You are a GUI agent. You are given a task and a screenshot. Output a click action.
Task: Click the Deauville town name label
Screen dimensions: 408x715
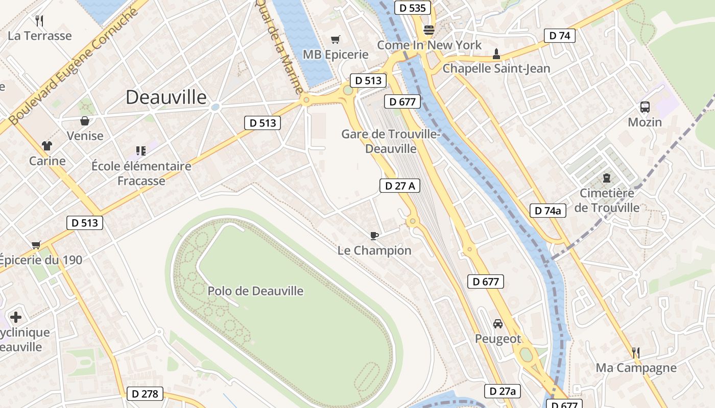tap(166, 97)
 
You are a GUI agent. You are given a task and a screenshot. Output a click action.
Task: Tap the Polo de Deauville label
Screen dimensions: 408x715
tap(255, 291)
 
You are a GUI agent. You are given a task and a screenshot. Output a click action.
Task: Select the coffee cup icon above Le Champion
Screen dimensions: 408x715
tap(374, 236)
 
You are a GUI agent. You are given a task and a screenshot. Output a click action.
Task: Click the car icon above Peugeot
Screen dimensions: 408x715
tap(498, 323)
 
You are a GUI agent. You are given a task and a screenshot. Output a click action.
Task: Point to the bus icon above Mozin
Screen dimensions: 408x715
tap(645, 107)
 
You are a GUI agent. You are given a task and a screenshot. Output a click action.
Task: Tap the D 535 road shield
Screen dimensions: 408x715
tap(413, 8)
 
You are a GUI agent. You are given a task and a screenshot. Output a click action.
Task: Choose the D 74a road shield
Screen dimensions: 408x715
tap(548, 211)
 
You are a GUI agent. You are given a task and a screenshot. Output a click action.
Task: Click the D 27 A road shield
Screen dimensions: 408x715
tap(400, 186)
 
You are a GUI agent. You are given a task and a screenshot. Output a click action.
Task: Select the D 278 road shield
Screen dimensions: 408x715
tap(146, 394)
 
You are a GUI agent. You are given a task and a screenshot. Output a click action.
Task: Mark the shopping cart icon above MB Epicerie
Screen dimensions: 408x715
tap(336, 39)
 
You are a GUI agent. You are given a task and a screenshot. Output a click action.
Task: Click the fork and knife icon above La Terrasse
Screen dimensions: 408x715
tap(39, 20)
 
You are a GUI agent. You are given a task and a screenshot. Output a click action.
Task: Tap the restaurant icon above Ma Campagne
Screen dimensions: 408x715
tap(636, 352)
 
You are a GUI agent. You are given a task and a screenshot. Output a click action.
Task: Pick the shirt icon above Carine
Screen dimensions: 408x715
tap(47, 146)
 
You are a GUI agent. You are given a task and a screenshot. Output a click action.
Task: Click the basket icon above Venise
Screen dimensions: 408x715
tap(85, 121)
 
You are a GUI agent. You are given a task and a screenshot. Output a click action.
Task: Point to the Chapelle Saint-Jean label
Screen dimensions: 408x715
tap(496, 68)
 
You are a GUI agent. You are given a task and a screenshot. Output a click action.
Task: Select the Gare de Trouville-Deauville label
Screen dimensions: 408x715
tap(391, 141)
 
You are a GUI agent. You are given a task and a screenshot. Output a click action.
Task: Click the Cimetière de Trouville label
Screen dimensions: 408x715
tap(607, 200)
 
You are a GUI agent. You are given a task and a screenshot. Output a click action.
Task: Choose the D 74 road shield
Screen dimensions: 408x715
tap(560, 36)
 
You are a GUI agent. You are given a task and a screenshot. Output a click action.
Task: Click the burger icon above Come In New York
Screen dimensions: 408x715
tap(429, 30)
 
